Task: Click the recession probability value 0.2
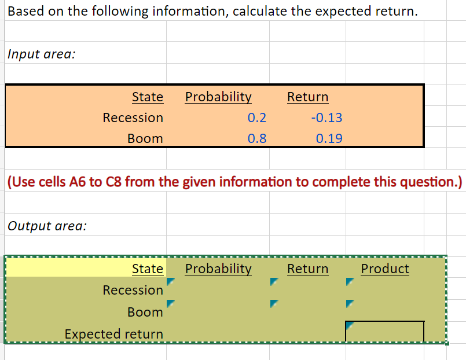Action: [x=256, y=118]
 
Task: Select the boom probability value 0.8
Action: [x=256, y=139]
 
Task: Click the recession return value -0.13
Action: [x=326, y=118]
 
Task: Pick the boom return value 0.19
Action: [x=329, y=139]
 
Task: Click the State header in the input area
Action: [x=148, y=97]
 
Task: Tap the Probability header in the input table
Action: [x=218, y=97]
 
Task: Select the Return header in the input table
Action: [x=307, y=97]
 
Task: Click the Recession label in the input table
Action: [x=133, y=118]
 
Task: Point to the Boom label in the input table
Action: [x=145, y=139]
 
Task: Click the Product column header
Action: [x=384, y=269]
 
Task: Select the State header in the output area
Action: [x=148, y=269]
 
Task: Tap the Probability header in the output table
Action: [x=218, y=269]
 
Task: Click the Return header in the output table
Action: [x=307, y=269]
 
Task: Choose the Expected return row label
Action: [x=113, y=334]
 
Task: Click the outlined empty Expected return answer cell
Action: [x=384, y=332]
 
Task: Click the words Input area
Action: [x=42, y=54]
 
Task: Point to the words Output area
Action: [x=47, y=226]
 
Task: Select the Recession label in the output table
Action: [x=133, y=290]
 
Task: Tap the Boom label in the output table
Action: [x=145, y=312]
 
